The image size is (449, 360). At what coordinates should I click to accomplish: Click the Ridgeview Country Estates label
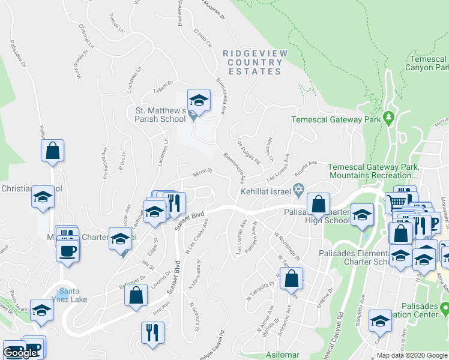(255, 62)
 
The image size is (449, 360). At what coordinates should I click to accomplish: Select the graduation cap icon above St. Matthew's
(199, 99)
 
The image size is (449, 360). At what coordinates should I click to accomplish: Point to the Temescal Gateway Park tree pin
(388, 116)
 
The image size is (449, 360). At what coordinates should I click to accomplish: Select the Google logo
(20, 353)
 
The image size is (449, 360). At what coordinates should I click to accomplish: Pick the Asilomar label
(283, 355)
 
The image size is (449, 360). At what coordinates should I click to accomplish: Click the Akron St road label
(202, 172)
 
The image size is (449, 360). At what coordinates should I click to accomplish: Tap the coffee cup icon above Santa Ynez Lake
(67, 251)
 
